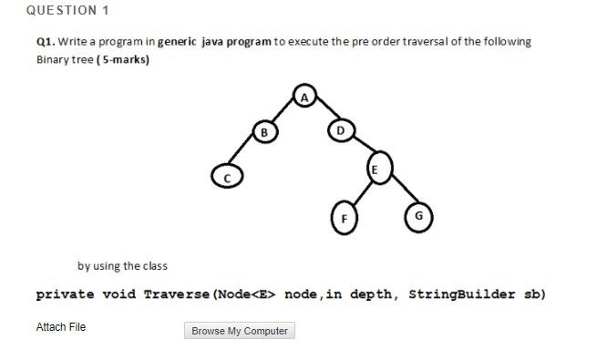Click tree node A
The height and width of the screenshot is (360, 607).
coord(306,95)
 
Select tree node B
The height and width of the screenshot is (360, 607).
coord(264,131)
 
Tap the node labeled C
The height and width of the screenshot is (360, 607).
coord(226,175)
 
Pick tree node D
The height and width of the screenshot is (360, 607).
coord(339,131)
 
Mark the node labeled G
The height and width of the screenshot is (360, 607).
coord(418,215)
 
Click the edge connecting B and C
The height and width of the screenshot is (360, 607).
coord(245,153)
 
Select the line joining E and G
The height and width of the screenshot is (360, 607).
coord(399,192)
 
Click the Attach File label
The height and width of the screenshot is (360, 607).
coord(61,327)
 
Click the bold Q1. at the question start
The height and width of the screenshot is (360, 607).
coord(46,42)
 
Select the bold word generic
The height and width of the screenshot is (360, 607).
coord(178,42)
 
